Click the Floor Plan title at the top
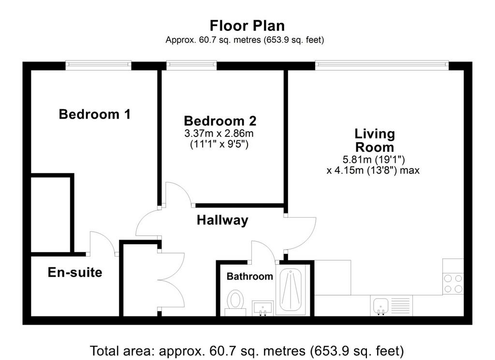(x=247, y=26)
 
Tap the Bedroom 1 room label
(x=95, y=114)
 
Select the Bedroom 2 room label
(x=220, y=121)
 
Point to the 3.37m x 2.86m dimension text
(x=219, y=134)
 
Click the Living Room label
(x=375, y=140)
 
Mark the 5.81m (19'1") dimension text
(x=374, y=159)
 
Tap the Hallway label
(x=222, y=220)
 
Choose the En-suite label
(x=75, y=272)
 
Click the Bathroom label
(x=250, y=276)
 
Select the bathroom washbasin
(x=262, y=308)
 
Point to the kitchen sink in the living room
(x=380, y=306)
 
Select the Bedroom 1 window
(x=99, y=65)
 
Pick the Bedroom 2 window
(x=191, y=65)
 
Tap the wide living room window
(x=382, y=65)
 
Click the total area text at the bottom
(x=247, y=351)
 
